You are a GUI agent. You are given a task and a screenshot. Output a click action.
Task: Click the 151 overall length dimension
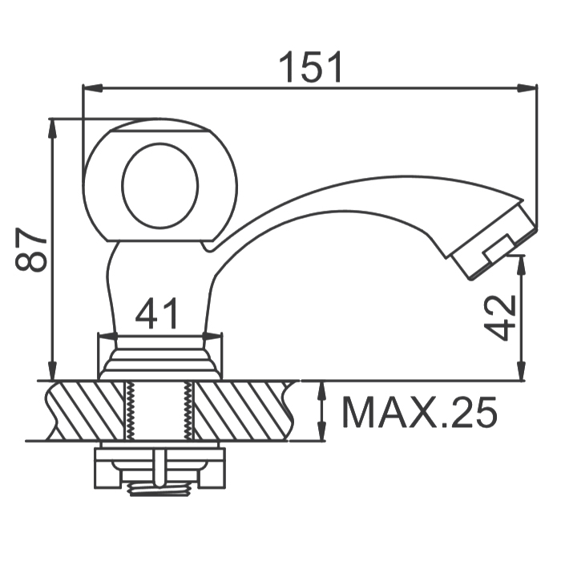310,67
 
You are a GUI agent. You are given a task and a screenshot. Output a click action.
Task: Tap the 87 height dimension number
30,249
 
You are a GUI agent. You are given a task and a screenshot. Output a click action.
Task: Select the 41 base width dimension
156,313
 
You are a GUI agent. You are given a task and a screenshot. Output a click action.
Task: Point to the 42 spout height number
499,317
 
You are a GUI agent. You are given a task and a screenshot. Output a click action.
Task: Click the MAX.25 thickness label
420,412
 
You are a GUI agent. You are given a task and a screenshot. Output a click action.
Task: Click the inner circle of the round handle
160,185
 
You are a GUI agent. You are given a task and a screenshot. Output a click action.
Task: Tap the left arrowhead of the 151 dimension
93,88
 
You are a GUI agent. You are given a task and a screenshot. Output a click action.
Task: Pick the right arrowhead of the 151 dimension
527,88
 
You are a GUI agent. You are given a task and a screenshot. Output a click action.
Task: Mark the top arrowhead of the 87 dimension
53,128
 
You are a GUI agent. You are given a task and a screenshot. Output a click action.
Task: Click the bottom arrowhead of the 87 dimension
53,370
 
